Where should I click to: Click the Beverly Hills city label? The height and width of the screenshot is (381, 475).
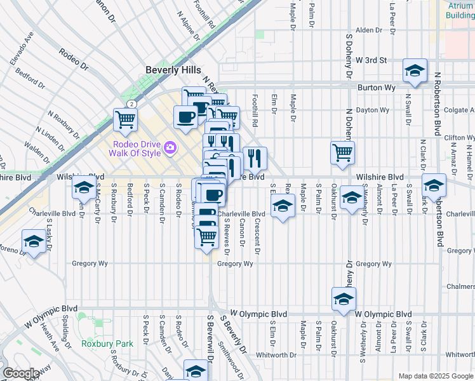(x=173, y=70)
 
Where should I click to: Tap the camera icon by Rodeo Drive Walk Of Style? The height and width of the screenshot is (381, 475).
(x=170, y=148)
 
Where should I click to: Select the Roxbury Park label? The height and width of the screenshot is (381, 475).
(x=107, y=344)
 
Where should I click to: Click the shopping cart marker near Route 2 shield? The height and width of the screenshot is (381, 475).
(x=126, y=118)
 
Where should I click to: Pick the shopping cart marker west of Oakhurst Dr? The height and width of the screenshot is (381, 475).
(x=342, y=152)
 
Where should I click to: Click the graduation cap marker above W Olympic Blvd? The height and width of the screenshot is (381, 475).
(x=344, y=298)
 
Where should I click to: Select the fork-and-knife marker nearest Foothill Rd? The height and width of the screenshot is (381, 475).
(x=255, y=157)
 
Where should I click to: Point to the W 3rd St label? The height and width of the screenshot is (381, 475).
(x=371, y=60)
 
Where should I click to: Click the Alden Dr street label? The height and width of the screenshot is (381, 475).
(x=368, y=30)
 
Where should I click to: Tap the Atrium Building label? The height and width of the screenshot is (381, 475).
(x=460, y=10)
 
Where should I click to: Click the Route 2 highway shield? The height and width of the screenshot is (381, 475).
(x=130, y=104)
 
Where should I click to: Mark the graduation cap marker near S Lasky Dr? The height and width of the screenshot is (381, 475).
(x=34, y=241)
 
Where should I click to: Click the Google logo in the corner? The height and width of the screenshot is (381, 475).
(x=21, y=373)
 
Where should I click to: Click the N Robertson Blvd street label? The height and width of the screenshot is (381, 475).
(x=438, y=103)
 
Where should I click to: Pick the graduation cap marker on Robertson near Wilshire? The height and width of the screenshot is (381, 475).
(x=434, y=185)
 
